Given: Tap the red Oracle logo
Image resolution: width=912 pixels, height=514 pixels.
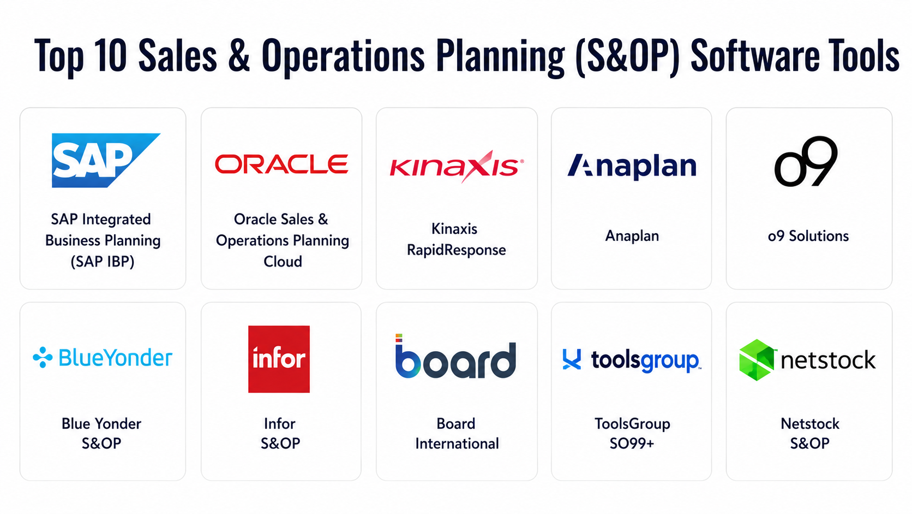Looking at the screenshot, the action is pos(281,164).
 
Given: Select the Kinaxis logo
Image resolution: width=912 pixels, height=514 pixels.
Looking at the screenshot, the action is pos(457,166).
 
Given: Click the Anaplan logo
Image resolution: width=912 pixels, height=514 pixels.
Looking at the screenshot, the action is pos(632,166).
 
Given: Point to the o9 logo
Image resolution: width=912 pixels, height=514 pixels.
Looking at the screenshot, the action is pos(806,162).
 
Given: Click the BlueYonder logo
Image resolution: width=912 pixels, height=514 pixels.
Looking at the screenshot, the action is pos(103,358).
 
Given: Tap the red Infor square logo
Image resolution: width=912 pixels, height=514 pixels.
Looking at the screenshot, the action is pos(279,359).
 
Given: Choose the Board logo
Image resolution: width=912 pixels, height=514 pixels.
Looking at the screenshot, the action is pos(455,356).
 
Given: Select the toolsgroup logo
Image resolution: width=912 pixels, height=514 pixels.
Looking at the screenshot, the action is pos(632,360).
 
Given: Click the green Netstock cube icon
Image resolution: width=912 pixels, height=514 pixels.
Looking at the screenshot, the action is pos(757,360).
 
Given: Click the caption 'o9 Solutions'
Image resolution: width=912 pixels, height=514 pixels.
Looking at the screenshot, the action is pos(808,236).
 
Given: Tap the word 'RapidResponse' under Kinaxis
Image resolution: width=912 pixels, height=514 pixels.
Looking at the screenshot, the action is pos(457,250).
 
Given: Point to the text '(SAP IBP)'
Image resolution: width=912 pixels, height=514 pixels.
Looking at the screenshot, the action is pos(103,261).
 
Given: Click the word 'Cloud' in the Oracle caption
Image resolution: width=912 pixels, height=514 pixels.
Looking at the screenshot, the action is pos(283,261).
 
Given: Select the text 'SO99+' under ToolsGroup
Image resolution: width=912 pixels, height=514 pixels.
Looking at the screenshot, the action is pos(632,443).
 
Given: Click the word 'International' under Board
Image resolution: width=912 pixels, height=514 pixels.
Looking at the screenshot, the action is pos(457,444).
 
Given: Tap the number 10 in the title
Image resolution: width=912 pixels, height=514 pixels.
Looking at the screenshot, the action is pos(110,55).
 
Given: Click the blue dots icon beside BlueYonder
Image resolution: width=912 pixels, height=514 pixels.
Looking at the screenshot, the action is pos(43,357).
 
